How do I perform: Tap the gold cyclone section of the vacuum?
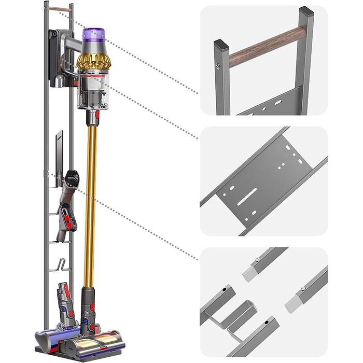pyautogui.click(x=94, y=60)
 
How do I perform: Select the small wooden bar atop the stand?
pyautogui.click(x=61, y=9)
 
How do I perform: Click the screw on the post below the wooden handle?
pyautogui.click(x=218, y=66)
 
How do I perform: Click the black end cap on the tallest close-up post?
pyautogui.click(x=306, y=11)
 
